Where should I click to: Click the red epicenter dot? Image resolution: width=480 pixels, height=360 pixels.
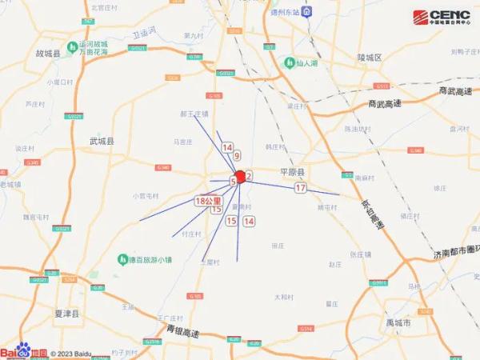click(240, 175)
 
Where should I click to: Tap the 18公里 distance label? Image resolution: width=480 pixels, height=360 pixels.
click(208, 202)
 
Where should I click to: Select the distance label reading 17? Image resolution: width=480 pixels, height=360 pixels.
click(301, 188)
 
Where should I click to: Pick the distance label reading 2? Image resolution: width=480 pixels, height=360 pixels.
click(250, 175)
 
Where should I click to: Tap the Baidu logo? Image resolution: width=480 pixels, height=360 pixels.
click(24, 351)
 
